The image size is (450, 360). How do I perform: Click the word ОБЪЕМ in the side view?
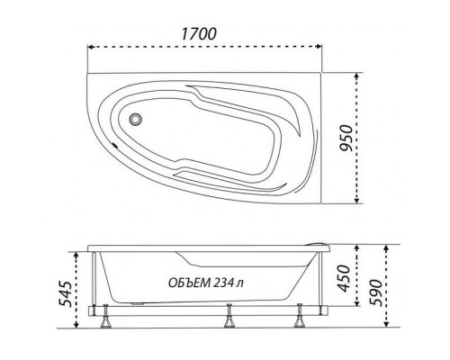click(191, 283)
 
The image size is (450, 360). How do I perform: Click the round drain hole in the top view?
click(137, 119)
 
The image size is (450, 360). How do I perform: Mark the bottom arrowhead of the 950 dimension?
click(362, 201)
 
